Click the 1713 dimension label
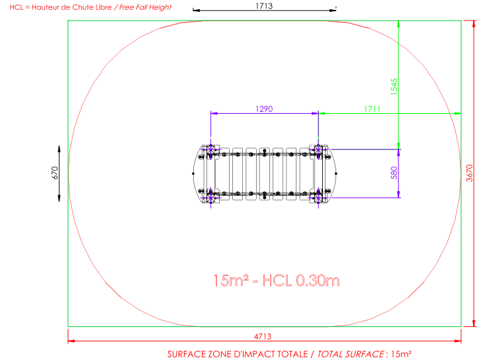tap(264, 6)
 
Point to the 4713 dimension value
tap(263, 336)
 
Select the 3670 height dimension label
tap(469, 173)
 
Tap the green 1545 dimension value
tap(394, 87)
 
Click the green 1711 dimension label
tap(372, 109)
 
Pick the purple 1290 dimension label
tap(264, 109)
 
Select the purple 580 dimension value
tap(394, 173)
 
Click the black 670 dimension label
tap(55, 173)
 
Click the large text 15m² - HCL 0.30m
tap(277, 281)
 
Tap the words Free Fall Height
tap(146, 7)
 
